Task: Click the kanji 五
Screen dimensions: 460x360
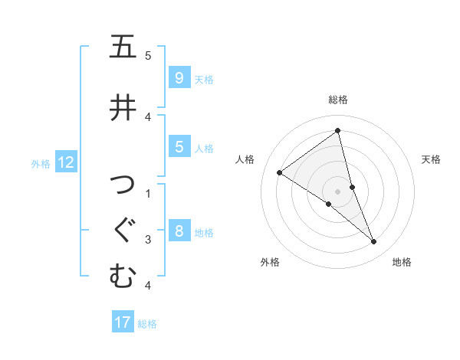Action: pyautogui.click(x=123, y=47)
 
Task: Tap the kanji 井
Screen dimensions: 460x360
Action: pyautogui.click(x=123, y=107)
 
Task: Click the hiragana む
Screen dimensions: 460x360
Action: pyautogui.click(x=123, y=276)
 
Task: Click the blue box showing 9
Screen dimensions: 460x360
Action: pyautogui.click(x=179, y=77)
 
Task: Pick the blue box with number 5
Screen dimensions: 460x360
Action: pyautogui.click(x=179, y=147)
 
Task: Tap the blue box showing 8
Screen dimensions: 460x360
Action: pyautogui.click(x=179, y=231)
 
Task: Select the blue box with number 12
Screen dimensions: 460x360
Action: pyautogui.click(x=65, y=162)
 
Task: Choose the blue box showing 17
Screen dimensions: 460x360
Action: pyautogui.click(x=123, y=322)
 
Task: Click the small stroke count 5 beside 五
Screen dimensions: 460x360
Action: pyautogui.click(x=148, y=56)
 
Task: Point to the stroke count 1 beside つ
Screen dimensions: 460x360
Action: pyautogui.click(x=148, y=192)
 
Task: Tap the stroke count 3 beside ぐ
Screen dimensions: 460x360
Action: pyautogui.click(x=148, y=240)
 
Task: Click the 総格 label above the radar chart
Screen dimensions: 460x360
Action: pyautogui.click(x=337, y=100)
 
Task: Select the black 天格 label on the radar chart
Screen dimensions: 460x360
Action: pyautogui.click(x=431, y=159)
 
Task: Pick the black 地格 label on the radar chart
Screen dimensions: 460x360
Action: pyautogui.click(x=402, y=262)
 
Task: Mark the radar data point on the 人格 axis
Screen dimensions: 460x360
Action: pyautogui.click(x=279, y=172)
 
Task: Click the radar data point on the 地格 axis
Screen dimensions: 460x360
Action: pyautogui.click(x=374, y=242)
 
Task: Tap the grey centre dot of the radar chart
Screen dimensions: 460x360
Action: pyautogui.click(x=337, y=191)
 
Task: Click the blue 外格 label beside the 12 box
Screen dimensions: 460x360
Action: pyautogui.click(x=40, y=163)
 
